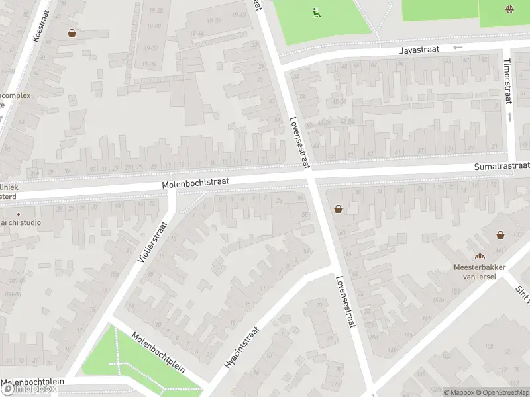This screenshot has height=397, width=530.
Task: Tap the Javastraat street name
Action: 419,50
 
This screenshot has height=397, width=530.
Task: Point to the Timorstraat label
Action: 508,81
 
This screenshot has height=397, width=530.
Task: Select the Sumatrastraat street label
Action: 502,165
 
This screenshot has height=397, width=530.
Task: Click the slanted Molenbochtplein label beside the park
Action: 158,353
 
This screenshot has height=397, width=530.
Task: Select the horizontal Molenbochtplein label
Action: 33,382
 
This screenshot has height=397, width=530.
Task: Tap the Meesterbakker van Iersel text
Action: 480,271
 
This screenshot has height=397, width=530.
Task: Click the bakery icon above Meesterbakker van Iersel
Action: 479,257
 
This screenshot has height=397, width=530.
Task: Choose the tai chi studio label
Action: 21,222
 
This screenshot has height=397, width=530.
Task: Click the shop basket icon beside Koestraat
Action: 72,33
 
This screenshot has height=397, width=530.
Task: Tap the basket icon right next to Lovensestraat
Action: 339,209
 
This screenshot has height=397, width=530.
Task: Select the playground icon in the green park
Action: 316,11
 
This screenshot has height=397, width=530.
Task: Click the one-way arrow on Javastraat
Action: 457,48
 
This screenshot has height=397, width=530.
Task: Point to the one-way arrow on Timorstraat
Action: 509,116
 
